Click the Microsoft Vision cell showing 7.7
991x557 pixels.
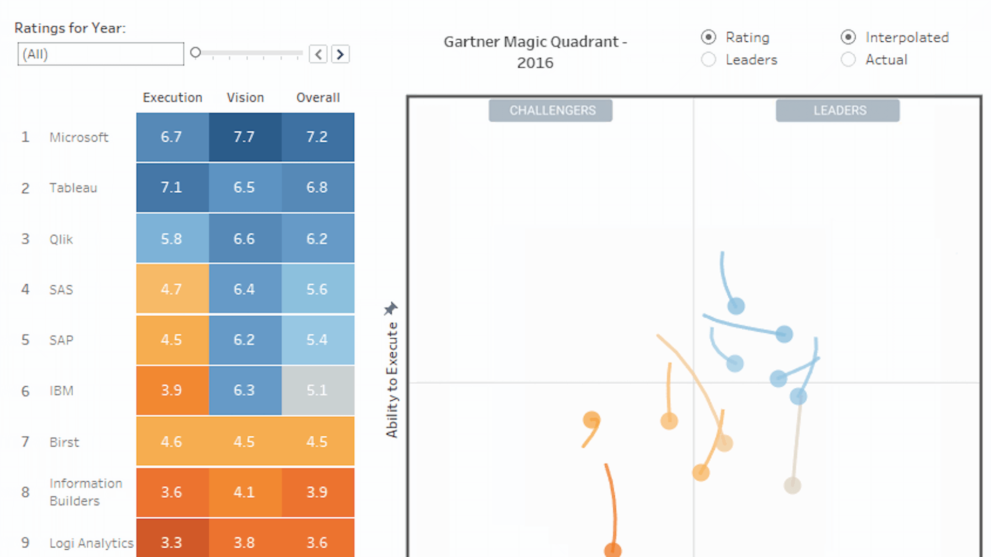pos(245,137)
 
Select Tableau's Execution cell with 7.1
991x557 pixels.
pos(172,187)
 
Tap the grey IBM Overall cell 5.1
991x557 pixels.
pos(317,390)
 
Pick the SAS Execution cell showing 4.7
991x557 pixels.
pos(172,289)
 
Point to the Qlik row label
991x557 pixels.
pos(61,239)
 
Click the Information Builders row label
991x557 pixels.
pos(85,492)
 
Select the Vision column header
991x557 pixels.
pos(245,97)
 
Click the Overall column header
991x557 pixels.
pos(318,97)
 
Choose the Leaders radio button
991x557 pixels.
pos(709,60)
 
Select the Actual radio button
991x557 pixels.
pos(848,60)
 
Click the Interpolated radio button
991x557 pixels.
pos(848,37)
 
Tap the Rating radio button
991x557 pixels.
pos(709,37)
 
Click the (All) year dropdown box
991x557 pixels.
pos(101,54)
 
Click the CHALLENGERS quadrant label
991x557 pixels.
pos(551,110)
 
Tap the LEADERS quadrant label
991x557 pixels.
pos(838,110)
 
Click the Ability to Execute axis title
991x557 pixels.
pos(392,380)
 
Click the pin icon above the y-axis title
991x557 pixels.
pos(391,308)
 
